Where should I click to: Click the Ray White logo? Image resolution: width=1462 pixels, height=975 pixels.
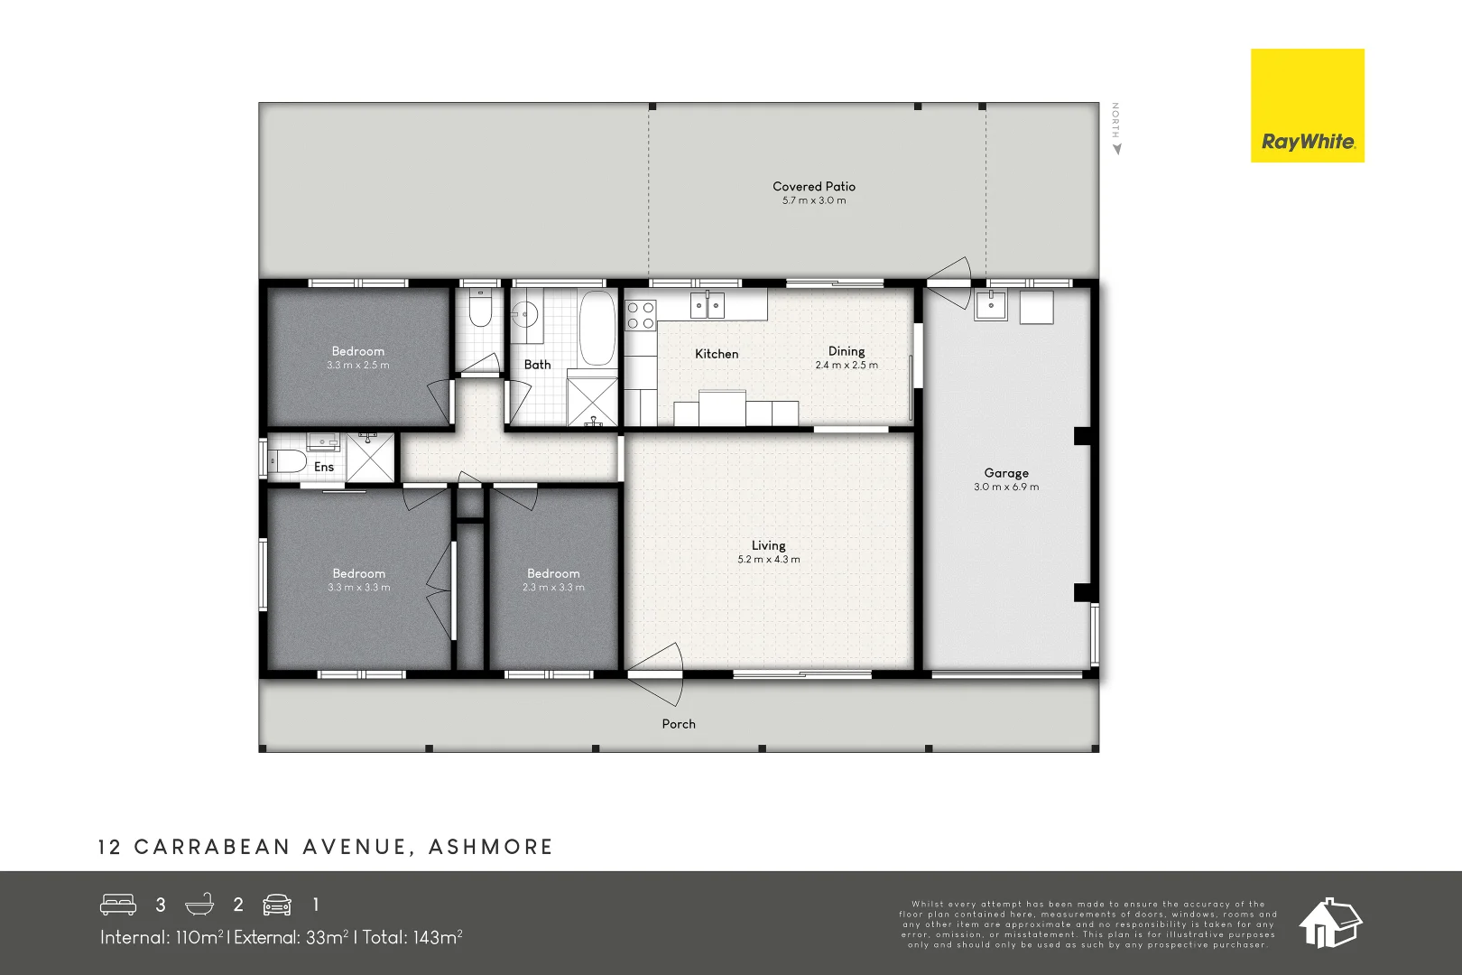pyautogui.click(x=1307, y=106)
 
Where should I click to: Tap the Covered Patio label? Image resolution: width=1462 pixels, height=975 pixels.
pyautogui.click(x=813, y=187)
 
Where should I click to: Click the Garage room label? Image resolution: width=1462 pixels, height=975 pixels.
pyautogui.click(x=1005, y=473)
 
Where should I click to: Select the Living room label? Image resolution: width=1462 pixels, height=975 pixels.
pyautogui.click(x=768, y=545)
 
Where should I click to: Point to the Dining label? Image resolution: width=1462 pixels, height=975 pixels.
pyautogui.click(x=846, y=351)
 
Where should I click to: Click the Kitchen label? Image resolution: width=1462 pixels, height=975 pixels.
pyautogui.click(x=717, y=354)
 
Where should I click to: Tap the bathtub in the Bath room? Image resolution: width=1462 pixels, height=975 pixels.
pyautogui.click(x=597, y=328)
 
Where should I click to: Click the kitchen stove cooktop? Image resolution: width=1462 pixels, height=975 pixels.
pyautogui.click(x=641, y=315)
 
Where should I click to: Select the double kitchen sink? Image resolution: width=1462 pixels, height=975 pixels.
pyautogui.click(x=708, y=305)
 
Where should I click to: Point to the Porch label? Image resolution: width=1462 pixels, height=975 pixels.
pyautogui.click(x=679, y=724)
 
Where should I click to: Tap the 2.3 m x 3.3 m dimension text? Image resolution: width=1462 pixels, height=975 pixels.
pyautogui.click(x=553, y=588)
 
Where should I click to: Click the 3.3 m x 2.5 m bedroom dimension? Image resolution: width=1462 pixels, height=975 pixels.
pyautogui.click(x=358, y=366)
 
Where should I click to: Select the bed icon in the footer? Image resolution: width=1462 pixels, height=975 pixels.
pyautogui.click(x=118, y=905)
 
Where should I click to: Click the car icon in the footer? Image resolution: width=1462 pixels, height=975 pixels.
pyautogui.click(x=277, y=905)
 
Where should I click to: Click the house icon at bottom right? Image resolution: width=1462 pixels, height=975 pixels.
pyautogui.click(x=1329, y=923)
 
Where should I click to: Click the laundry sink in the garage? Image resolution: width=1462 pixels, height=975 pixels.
pyautogui.click(x=990, y=305)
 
